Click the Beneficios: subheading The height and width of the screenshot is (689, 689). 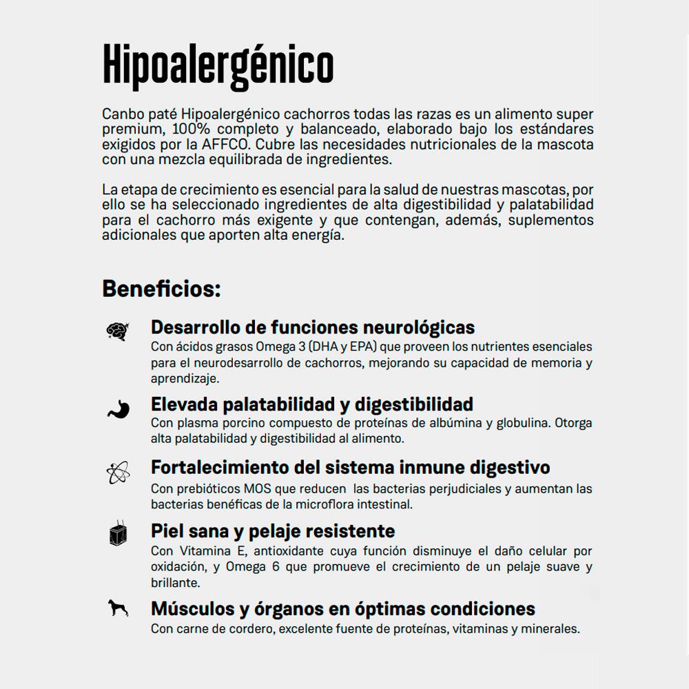[161, 288]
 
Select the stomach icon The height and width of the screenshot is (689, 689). [116, 408]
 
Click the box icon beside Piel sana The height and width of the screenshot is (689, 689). [117, 533]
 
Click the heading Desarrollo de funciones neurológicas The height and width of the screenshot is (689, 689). [313, 327]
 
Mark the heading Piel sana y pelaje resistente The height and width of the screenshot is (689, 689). [273, 531]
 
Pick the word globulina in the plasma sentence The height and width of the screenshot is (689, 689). [522, 423]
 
